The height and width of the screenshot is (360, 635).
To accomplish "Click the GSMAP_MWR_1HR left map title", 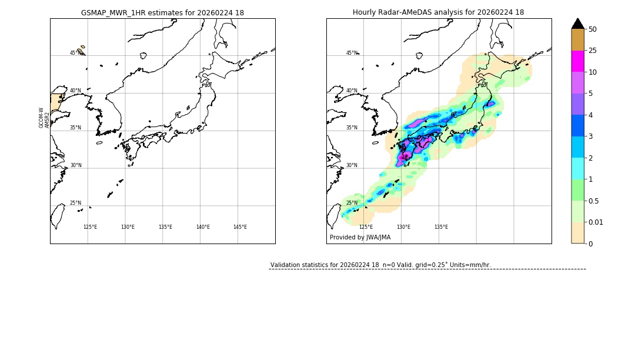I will (x=162, y=12).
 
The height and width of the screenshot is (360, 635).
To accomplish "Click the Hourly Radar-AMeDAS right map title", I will (x=438, y=12).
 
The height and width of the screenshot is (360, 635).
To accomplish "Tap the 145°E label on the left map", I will (x=240, y=227).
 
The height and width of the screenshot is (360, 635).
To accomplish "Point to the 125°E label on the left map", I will (x=90, y=227).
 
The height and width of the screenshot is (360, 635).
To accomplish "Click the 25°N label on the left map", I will (x=75, y=203).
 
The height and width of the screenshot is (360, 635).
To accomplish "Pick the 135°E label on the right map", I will (x=441, y=227).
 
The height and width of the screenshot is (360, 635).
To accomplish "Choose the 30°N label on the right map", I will (x=351, y=165).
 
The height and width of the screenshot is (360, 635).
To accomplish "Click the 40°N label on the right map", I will (x=351, y=91).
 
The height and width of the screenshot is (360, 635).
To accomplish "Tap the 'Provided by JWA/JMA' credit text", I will (x=360, y=238).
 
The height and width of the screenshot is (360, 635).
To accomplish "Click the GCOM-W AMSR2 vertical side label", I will (x=44, y=118).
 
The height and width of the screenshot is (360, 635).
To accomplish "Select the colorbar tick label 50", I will (x=593, y=29).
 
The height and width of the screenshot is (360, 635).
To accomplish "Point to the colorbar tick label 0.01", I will (x=596, y=222).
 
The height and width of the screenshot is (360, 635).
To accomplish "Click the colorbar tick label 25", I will (x=593, y=51).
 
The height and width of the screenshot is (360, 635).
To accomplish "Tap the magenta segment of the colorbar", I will (x=577, y=61).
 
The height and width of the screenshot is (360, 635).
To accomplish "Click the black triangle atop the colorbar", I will (x=577, y=24).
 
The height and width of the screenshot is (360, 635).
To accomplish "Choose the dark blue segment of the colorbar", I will (x=577, y=125).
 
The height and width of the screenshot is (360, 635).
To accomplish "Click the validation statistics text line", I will (x=380, y=265).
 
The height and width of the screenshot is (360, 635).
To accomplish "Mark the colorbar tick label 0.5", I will (x=594, y=201).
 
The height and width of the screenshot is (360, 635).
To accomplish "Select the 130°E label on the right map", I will (x=403, y=227).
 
